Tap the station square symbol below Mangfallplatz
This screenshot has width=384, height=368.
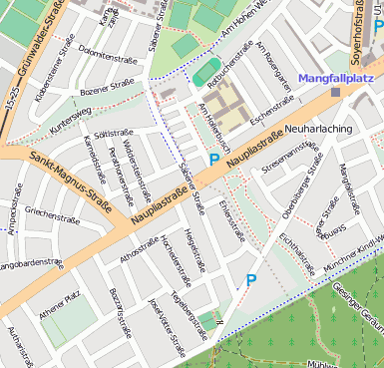click(335, 92)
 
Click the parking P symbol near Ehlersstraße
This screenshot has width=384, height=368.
click(213, 160)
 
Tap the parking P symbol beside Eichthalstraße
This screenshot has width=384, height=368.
click(251, 282)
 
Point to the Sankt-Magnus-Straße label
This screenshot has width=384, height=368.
click(69, 174)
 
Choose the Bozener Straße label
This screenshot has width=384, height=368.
click(107, 91)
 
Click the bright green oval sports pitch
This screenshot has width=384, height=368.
click(206, 71)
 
